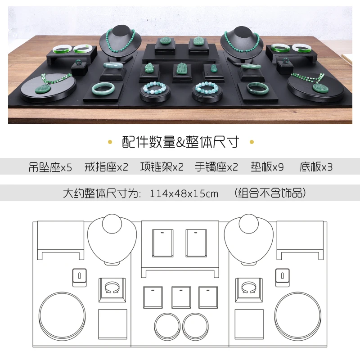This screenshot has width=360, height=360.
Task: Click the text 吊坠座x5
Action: (x=50, y=167)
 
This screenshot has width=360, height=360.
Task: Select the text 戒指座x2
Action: (x=106, y=167)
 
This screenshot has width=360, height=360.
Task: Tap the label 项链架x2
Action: (x=162, y=167)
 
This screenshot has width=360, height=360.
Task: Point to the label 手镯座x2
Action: (x=216, y=167)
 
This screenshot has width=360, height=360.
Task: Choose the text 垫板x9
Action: (x=267, y=167)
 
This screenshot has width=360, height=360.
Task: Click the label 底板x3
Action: (x=316, y=167)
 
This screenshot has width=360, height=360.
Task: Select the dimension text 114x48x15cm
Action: (x=184, y=193)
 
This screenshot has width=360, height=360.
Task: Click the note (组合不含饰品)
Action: (x=270, y=193)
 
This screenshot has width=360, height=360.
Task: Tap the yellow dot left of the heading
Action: (x=110, y=142)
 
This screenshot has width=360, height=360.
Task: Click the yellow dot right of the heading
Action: (x=252, y=142)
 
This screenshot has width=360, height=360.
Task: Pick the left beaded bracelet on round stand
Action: (x=154, y=87)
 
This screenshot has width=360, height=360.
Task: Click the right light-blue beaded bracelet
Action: (x=207, y=88)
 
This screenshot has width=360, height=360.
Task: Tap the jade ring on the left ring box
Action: (x=79, y=62)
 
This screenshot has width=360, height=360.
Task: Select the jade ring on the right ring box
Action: (x=286, y=60)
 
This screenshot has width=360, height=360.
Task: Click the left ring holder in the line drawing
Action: (x=80, y=277)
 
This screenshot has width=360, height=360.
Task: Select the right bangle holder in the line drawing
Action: (x=249, y=290)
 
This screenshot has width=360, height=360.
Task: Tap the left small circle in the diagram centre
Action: (x=167, y=326)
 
